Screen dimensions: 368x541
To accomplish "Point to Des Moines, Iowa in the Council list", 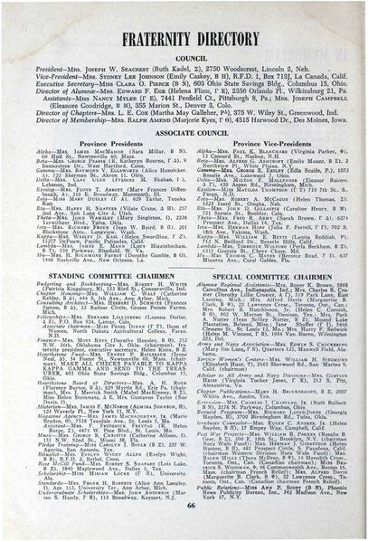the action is click(x=304, y=110).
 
